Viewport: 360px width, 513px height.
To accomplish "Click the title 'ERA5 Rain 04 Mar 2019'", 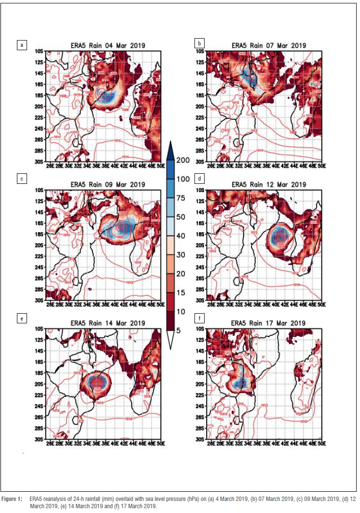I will tap(108, 45).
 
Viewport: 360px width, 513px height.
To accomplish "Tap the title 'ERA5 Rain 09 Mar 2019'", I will tap(108, 184).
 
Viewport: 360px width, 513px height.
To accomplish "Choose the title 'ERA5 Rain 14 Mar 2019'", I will tap(108, 323).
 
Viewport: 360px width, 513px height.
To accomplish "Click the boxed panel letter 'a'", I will tap(21, 45).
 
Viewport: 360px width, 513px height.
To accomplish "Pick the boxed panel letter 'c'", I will tap(21, 179).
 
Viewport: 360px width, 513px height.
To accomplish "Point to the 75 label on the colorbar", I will tap(183, 198).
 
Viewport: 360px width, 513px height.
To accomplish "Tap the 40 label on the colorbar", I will tap(183, 236).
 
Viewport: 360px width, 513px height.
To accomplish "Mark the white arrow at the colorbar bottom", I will tap(170, 339).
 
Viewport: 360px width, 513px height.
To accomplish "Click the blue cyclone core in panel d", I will tap(279, 237).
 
